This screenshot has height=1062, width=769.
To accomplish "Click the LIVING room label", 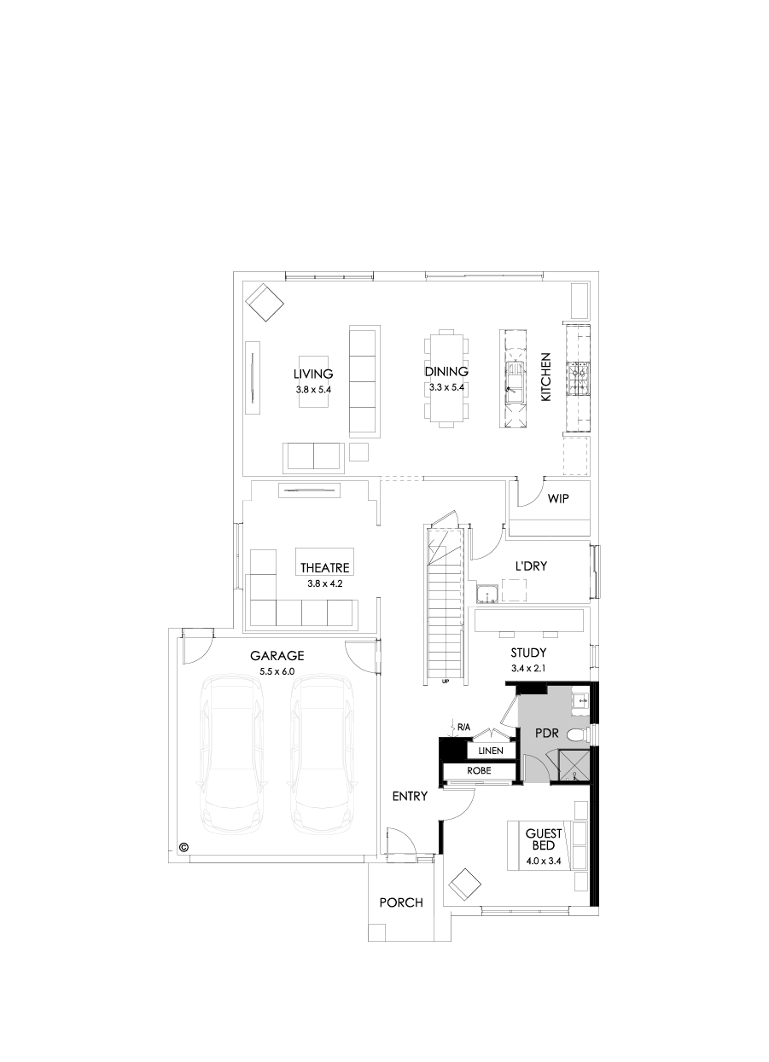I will [312, 374].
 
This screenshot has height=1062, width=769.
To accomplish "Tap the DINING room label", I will [446, 371].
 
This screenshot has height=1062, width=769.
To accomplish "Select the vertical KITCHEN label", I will [546, 377].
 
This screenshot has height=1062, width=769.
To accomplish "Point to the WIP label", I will [558, 498].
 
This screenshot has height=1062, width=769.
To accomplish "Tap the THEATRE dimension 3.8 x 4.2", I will [324, 584].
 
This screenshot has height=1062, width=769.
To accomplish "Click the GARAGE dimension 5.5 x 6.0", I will [277, 671].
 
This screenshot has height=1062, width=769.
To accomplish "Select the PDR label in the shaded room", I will [546, 733].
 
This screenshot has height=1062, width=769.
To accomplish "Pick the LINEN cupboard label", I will [490, 752].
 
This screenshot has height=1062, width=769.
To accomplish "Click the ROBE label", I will [479, 770].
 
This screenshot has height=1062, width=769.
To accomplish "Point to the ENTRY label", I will [409, 796].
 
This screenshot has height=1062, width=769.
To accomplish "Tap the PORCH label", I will [400, 902].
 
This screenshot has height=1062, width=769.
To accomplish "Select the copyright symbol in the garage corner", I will [183, 848].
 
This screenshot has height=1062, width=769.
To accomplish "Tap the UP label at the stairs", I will [446, 682].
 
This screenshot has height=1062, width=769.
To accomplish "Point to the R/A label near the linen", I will [463, 727].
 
